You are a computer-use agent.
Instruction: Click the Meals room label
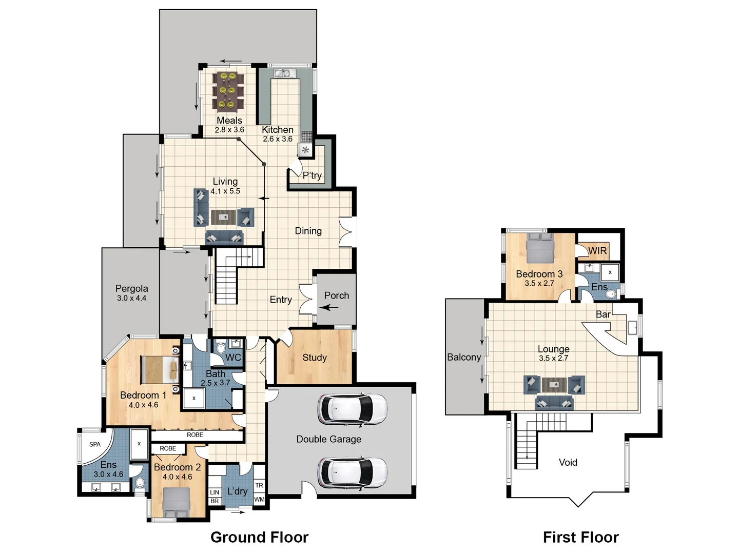point(229,121)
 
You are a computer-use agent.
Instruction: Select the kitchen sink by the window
point(284,73)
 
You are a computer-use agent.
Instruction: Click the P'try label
point(312,175)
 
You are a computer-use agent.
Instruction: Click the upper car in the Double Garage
point(352,409)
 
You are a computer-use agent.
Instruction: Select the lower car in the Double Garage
point(352,472)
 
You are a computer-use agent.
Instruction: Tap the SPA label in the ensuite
point(95,444)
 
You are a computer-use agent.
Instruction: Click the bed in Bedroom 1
point(160,370)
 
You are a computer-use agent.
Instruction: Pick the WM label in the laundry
point(259,500)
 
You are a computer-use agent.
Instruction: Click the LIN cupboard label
point(215,492)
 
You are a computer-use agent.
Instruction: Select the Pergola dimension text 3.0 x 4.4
point(132,298)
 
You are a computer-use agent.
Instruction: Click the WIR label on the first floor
point(597,251)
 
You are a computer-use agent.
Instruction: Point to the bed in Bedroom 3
point(540,248)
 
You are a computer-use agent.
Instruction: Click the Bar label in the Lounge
point(603,314)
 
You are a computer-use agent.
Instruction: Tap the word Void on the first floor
point(568,462)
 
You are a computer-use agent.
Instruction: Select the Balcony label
point(464,357)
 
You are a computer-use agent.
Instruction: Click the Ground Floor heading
point(259,537)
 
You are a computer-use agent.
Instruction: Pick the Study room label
point(315,357)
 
